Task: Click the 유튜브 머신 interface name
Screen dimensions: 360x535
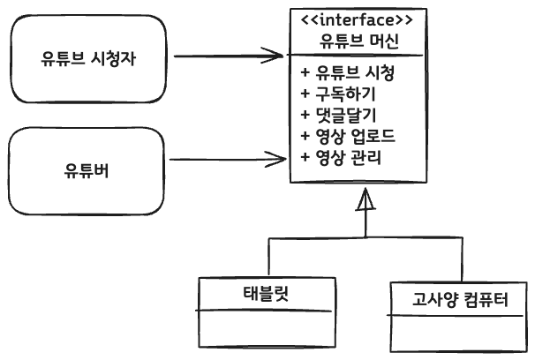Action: click(x=358, y=41)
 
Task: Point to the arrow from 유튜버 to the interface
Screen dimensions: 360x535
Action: click(x=225, y=160)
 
